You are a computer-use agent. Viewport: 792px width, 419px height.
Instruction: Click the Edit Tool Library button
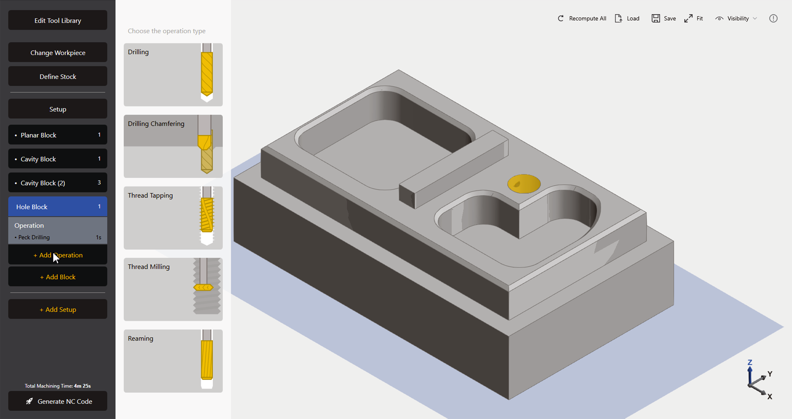pyautogui.click(x=57, y=20)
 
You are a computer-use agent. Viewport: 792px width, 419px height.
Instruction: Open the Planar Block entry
pyautogui.click(x=57, y=135)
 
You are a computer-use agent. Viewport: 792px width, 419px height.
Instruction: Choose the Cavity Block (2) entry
pyautogui.click(x=57, y=183)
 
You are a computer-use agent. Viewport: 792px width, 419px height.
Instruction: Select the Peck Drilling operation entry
pyautogui.click(x=57, y=237)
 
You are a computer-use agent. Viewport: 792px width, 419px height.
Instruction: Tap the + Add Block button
pyautogui.click(x=57, y=277)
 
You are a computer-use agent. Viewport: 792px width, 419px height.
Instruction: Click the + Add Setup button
pyautogui.click(x=57, y=309)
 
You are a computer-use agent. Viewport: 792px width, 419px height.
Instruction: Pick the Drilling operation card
pyautogui.click(x=173, y=75)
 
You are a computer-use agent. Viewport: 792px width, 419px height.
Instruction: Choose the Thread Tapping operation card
pyautogui.click(x=173, y=218)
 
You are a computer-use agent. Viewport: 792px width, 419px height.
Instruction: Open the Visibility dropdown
pyautogui.click(x=736, y=18)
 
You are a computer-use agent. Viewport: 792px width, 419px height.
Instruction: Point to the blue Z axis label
pyautogui.click(x=750, y=362)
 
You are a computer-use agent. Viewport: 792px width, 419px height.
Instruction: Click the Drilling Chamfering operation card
pyautogui.click(x=173, y=146)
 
